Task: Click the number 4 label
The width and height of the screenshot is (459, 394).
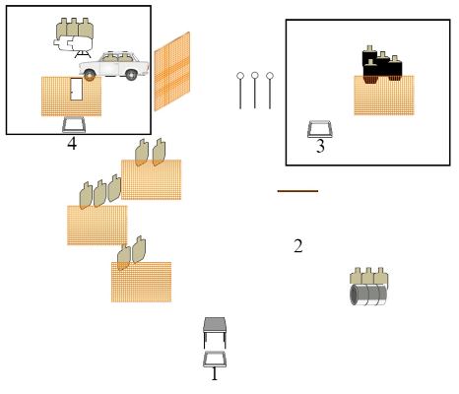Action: [72, 144]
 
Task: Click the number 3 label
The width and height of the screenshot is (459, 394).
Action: [320, 146]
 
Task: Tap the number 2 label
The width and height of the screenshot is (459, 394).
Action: [298, 246]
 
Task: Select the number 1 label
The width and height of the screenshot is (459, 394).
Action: [215, 373]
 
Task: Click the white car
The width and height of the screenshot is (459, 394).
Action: [114, 65]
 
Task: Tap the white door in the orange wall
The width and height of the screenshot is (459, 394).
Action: [77, 89]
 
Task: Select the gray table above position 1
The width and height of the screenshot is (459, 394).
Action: [215, 332]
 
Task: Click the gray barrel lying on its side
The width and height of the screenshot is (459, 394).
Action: [368, 295]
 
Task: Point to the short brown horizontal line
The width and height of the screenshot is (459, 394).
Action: [297, 191]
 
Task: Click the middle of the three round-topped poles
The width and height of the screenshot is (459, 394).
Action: [255, 90]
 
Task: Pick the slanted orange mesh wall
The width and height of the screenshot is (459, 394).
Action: [172, 72]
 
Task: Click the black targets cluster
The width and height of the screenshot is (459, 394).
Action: [382, 64]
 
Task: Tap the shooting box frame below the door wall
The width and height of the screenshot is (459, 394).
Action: [74, 125]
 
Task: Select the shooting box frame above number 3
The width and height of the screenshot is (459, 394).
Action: [320, 129]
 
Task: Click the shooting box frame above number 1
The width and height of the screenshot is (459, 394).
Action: [215, 360]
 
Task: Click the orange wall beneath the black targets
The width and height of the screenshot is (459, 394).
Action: [384, 96]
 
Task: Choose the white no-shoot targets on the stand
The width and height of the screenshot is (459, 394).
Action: [73, 43]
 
